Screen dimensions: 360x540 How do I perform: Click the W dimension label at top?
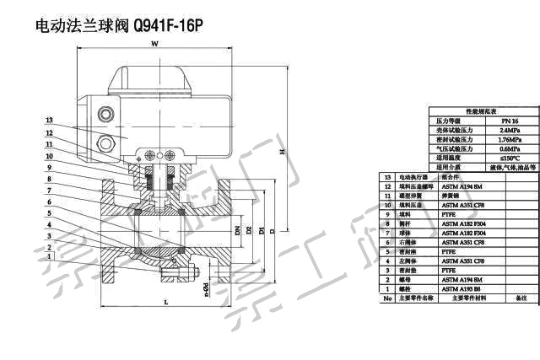(x=154, y=43)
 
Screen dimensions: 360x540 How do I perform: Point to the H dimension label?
(x=283, y=152)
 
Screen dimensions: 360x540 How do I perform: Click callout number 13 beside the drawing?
(x=50, y=121)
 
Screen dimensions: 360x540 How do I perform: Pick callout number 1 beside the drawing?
(x=50, y=256)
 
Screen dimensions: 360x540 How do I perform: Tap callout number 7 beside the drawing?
(x=50, y=191)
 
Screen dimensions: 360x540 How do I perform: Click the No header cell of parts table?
(x=387, y=298)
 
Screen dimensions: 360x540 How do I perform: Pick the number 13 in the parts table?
(x=387, y=178)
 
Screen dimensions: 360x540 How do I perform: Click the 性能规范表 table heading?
(x=482, y=111)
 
